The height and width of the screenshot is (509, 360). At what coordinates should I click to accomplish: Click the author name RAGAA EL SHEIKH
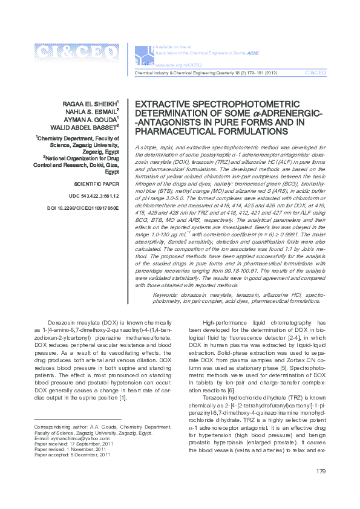(x=93, y=103)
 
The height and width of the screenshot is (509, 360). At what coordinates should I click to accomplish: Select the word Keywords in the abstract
(x=167, y=294)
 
